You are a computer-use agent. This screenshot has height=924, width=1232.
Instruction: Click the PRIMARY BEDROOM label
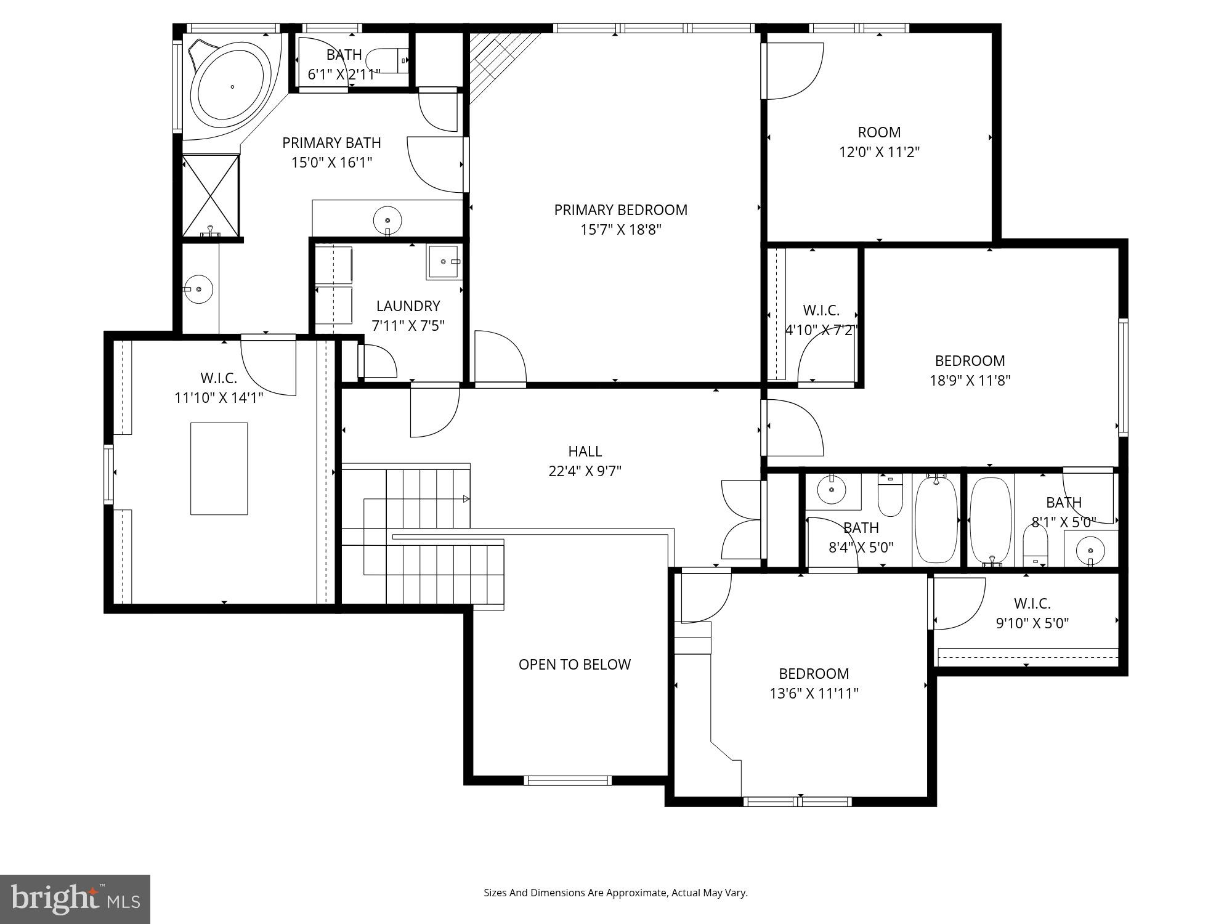tap(620, 210)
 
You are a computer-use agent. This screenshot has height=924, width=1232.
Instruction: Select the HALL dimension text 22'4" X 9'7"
tap(585, 471)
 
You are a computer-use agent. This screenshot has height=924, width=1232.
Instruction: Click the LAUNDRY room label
tap(408, 306)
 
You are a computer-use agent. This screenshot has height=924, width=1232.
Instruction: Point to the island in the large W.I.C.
tap(219, 468)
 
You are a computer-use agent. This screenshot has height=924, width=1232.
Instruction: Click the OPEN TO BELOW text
tap(574, 665)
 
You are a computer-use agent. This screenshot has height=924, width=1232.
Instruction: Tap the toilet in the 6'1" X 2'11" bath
tap(385, 60)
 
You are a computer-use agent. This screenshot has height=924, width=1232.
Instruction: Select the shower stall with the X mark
tap(211, 195)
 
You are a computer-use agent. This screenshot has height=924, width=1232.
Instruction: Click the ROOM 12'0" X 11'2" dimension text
tap(879, 152)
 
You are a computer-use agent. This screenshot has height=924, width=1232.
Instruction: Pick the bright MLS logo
tap(75, 899)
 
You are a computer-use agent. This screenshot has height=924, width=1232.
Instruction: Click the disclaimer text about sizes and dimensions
tap(615, 893)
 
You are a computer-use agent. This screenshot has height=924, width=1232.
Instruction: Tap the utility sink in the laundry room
tap(443, 262)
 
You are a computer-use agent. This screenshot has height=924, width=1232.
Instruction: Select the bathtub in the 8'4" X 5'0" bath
tap(936, 519)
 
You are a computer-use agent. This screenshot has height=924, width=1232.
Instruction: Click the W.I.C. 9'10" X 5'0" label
tap(1032, 604)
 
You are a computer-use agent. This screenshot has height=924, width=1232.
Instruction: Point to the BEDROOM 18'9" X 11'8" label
tap(970, 361)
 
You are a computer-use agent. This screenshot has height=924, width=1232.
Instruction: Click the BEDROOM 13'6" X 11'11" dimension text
tap(814, 694)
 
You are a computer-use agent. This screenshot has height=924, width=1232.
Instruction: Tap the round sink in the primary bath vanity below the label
tap(387, 219)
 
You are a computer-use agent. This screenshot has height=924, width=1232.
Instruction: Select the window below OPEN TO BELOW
tap(567, 780)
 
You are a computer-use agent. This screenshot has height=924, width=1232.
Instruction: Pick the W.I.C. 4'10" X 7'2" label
tap(821, 310)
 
